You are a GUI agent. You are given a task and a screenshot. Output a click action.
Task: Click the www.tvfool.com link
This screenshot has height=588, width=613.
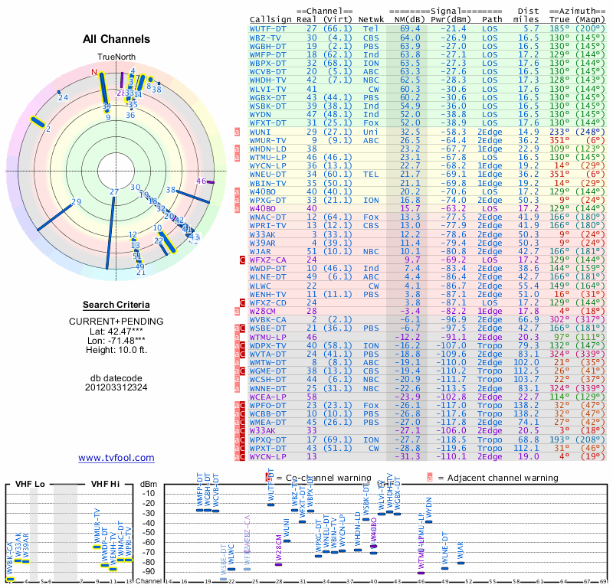tap(116, 458)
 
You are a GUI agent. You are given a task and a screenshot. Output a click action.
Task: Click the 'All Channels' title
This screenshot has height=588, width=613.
tap(116, 39)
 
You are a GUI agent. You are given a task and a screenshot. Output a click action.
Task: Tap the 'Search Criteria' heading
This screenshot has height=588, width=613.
tap(116, 305)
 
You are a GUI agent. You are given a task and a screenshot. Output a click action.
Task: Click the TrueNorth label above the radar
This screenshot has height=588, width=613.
tap(116, 58)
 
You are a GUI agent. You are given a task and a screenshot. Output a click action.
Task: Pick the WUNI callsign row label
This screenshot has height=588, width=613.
tap(261, 132)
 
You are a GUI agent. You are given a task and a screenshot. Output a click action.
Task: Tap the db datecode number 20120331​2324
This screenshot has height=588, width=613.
tap(116, 387)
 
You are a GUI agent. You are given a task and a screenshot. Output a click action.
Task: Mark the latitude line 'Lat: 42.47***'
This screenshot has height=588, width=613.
tap(116, 331)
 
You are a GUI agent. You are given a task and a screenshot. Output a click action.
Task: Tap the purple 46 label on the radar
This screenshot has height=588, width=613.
tap(202, 181)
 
